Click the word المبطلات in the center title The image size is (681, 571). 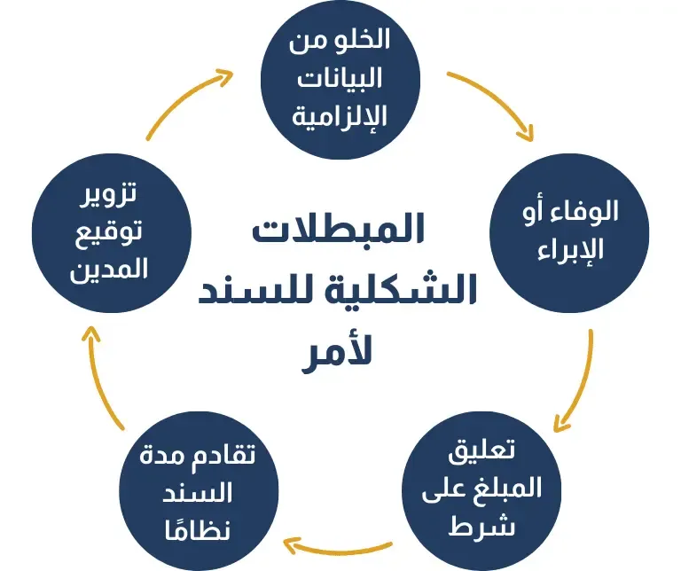click(x=339, y=230)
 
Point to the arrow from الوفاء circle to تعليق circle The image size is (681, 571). click(x=582, y=381)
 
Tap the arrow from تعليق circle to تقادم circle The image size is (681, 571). click(x=341, y=542)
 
